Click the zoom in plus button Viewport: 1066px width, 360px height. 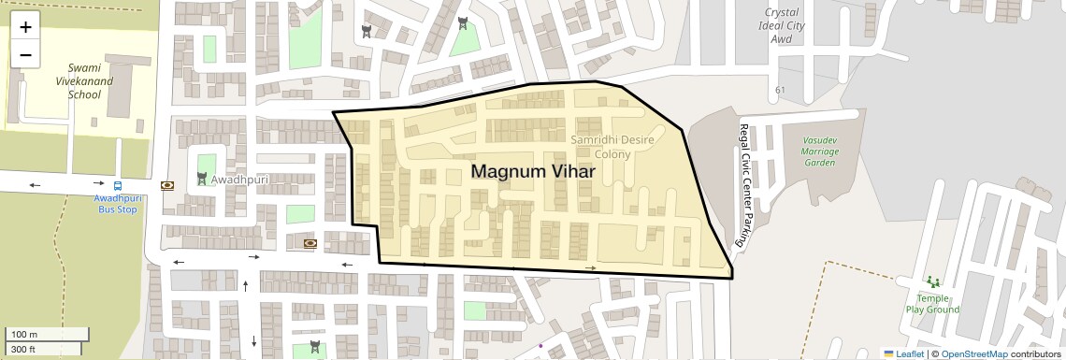25,27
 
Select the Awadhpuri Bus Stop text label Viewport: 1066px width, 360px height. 117,204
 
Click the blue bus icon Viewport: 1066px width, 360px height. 118,185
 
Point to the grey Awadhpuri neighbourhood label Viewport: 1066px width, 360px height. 239,179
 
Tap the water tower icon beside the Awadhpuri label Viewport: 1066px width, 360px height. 202,178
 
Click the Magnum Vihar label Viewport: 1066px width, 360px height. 532,172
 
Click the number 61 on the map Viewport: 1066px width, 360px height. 780,90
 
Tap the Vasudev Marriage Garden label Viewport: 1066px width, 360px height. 819,151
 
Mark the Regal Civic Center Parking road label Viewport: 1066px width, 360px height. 743,186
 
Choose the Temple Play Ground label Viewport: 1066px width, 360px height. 931,304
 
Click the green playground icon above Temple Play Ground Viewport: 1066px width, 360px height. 931,281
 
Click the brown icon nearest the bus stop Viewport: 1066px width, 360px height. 167,185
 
